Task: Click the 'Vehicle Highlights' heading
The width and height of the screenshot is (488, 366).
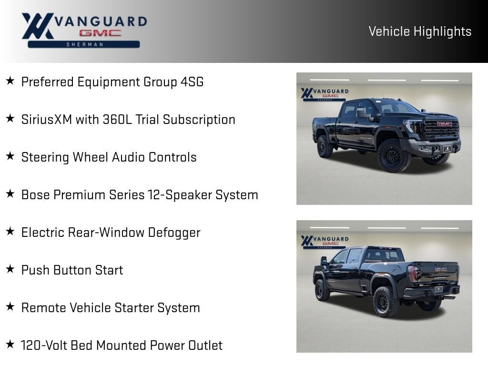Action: pos(420,31)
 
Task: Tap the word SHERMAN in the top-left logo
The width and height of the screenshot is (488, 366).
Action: pos(85,44)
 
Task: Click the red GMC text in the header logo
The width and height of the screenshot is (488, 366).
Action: pos(100,33)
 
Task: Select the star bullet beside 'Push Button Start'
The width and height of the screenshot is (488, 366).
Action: pos(10,269)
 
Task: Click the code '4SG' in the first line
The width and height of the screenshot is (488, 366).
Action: pos(192,82)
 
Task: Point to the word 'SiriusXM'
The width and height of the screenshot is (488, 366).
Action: pos(47,120)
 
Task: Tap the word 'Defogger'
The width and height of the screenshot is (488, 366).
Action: pos(174,233)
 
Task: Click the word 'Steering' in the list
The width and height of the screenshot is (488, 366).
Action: pos(45,157)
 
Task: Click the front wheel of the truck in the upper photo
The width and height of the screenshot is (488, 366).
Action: pos(393,155)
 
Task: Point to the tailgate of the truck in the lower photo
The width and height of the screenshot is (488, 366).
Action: pos(437,274)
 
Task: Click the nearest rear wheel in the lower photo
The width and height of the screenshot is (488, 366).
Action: pos(386,301)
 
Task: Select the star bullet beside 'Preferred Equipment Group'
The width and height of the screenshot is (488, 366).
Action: pos(10,81)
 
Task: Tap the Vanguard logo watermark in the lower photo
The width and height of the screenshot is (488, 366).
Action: pos(325,242)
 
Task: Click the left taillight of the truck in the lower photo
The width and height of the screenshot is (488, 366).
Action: pos(413,274)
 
